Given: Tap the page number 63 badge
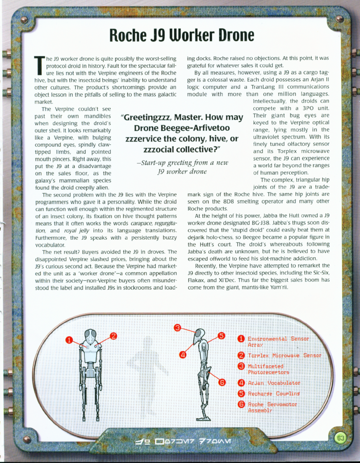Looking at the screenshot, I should coord(340,438).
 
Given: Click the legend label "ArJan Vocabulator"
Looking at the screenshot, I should coord(274,383).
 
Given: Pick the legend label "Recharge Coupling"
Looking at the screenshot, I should coord(273,394).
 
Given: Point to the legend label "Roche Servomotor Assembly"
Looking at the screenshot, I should coord(272,407).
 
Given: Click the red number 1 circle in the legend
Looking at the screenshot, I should coord(240,339).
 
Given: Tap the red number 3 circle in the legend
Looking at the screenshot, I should coord(240,367).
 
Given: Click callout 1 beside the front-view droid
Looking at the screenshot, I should coord(70,339).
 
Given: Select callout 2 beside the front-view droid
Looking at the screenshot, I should coord(113,336).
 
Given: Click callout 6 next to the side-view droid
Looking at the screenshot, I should coord(222,382).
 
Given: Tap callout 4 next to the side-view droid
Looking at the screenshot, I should coord(183,355).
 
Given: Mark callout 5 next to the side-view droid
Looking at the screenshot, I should coord(221,336).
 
